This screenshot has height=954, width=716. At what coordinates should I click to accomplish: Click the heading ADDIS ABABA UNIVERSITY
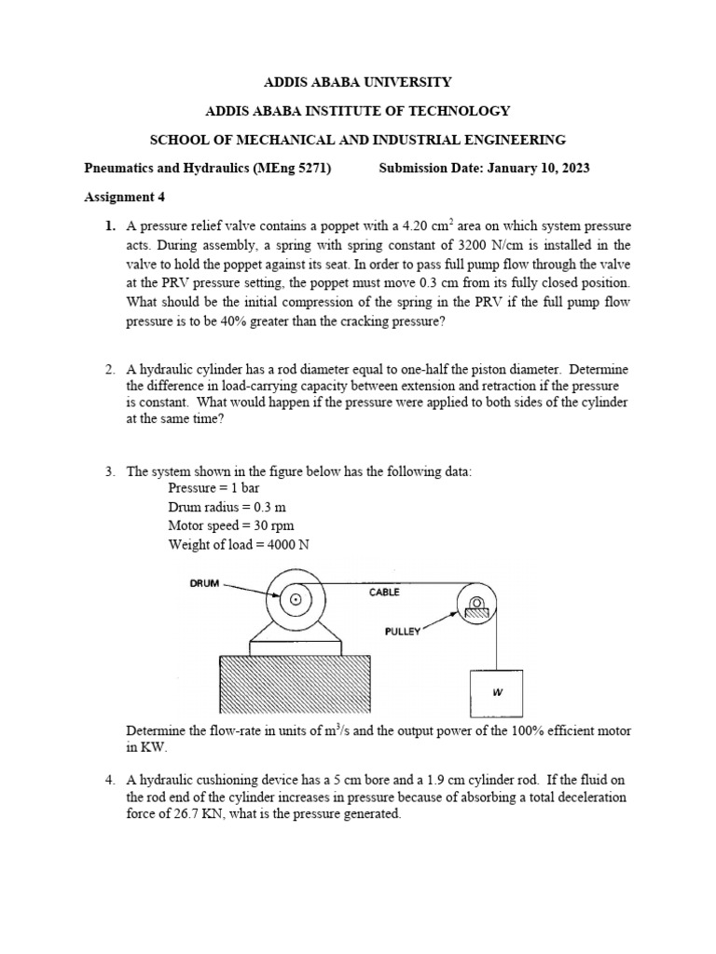(358, 82)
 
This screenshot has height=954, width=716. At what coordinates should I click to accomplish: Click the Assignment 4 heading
(124, 198)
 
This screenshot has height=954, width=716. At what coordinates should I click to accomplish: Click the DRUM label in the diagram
(204, 583)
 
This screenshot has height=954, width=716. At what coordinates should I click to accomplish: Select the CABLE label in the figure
(383, 592)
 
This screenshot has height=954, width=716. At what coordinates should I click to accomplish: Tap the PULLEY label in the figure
(403, 631)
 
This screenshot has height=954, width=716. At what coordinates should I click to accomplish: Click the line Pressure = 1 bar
(207, 487)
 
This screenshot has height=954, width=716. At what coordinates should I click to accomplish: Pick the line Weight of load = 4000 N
(238, 545)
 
